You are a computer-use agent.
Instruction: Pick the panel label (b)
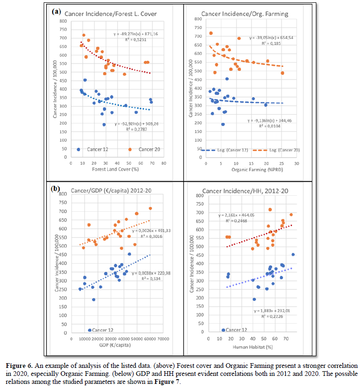pyautogui.click(x=56, y=189)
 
